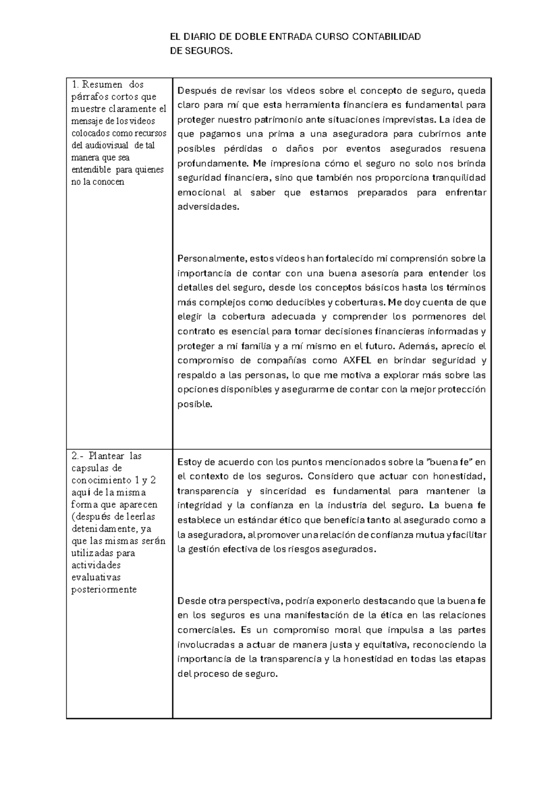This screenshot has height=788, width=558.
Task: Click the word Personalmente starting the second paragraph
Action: coord(212,258)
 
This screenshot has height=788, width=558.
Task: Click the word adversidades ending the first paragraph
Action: coord(208,207)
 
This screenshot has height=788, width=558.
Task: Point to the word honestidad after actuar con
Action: coord(459,477)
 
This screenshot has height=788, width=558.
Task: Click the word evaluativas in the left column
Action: coord(96,578)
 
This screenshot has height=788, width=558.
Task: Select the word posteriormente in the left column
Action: coord(104,590)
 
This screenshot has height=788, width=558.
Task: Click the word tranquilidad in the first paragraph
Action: coord(459,178)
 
